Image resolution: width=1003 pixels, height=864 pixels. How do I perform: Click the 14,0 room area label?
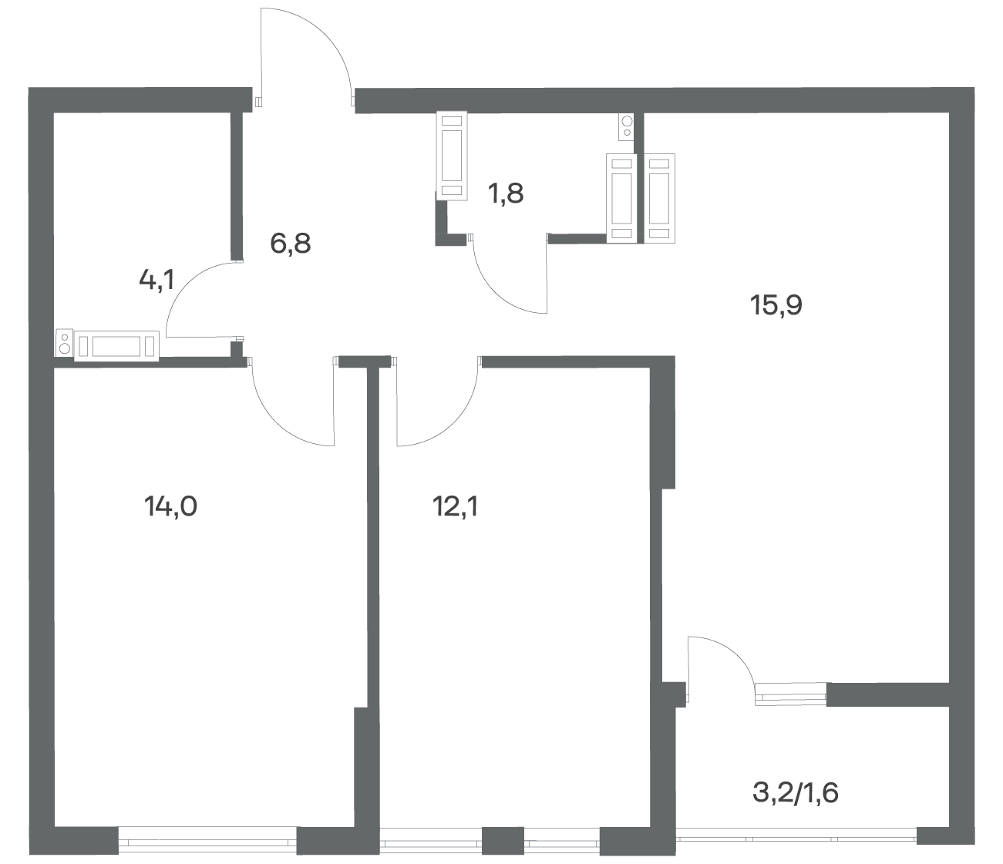point(170,507)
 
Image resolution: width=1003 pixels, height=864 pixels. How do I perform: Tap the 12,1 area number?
point(456,507)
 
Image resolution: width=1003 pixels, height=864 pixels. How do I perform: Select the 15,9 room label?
point(776,305)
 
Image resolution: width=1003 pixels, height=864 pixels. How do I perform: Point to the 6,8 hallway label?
point(290,243)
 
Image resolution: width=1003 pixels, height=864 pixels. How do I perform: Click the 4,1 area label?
point(157,280)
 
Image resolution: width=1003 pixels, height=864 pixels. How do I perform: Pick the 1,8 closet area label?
point(506,193)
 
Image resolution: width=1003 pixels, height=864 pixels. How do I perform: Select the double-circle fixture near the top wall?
point(627,126)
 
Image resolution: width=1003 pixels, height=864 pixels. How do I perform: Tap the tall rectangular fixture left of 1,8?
point(452,156)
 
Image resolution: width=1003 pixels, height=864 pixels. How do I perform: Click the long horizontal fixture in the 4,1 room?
point(116,345)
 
